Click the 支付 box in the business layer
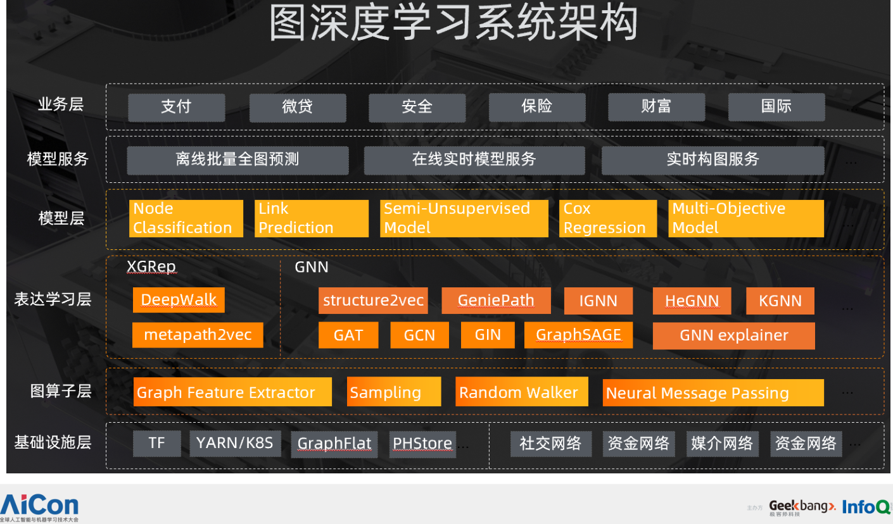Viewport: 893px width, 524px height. pyautogui.click(x=176, y=107)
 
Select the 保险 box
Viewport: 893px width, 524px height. pyautogui.click(x=537, y=107)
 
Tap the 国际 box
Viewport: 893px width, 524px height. pyautogui.click(x=776, y=107)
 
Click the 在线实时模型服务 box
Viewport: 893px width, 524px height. pyautogui.click(x=474, y=160)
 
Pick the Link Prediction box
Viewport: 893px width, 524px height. pyautogui.click(x=311, y=218)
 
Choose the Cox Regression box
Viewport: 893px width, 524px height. pyautogui.click(x=607, y=218)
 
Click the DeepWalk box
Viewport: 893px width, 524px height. pyautogui.click(x=179, y=300)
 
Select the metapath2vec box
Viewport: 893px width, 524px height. pyautogui.click(x=198, y=335)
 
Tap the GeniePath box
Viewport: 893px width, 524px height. pyautogui.click(x=496, y=301)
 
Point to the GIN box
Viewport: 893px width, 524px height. pyautogui.click(x=488, y=335)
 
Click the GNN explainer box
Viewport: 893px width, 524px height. pyautogui.click(x=733, y=335)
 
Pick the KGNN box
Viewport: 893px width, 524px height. pyautogui.click(x=780, y=301)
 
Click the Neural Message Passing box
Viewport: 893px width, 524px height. pyautogui.click(x=712, y=393)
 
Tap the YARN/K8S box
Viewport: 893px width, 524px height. pyautogui.click(x=235, y=443)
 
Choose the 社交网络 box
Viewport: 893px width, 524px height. pyautogui.click(x=550, y=444)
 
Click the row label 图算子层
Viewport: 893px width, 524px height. pyautogui.click(x=61, y=391)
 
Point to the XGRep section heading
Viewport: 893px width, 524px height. pyautogui.click(x=151, y=267)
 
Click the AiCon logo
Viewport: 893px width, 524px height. pyautogui.click(x=40, y=507)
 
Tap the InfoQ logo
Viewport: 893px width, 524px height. pyautogui.click(x=866, y=507)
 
